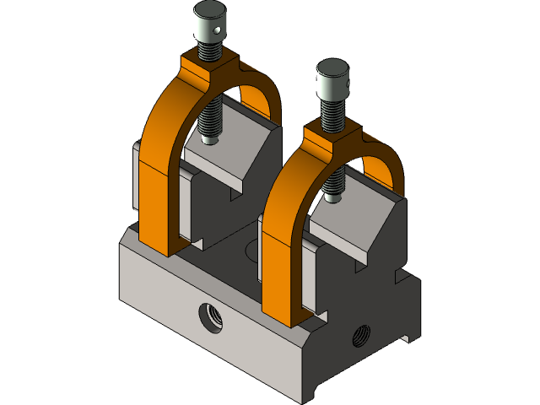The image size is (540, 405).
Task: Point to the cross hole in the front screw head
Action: click(343, 89)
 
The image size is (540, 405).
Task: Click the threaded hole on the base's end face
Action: click(361, 335)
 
